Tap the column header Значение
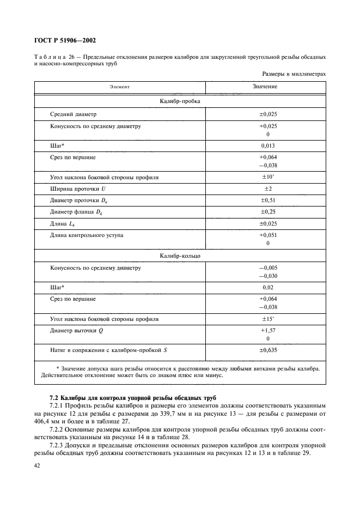point(265,87)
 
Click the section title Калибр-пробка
point(180,101)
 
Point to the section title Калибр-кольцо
point(180,255)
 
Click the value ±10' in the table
point(265,178)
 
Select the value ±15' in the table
point(265,318)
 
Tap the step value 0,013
point(265,145)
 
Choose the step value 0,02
point(265,287)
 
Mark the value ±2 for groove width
point(265,189)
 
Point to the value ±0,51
point(265,200)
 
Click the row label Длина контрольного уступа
point(86,235)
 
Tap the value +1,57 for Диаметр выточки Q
point(265,330)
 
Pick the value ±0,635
point(265,349)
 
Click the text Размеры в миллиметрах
point(294,73)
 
